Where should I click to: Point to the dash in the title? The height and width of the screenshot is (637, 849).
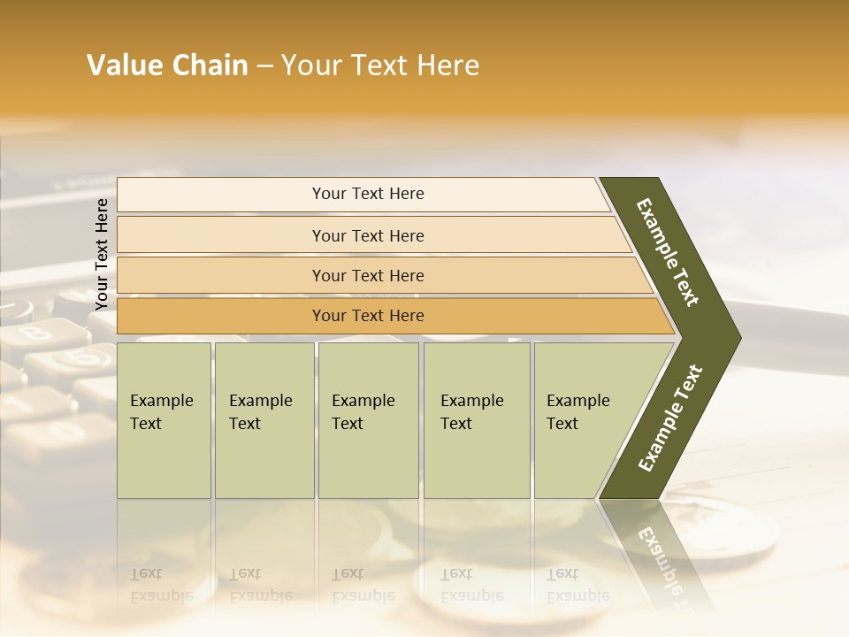264,66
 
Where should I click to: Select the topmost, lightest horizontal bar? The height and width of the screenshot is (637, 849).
363,194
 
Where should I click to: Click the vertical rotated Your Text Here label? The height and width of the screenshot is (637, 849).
102,254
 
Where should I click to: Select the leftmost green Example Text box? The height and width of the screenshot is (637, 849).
164,419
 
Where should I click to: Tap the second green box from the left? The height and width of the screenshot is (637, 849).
264,419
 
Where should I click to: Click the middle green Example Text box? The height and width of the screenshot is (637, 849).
368,419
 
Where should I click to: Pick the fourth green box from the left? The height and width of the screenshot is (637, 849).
477,419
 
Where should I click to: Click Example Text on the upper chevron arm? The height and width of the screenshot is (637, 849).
668,252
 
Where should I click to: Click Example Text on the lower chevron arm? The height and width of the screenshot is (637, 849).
670,418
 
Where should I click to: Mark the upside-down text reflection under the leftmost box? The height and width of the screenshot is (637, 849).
161,585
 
